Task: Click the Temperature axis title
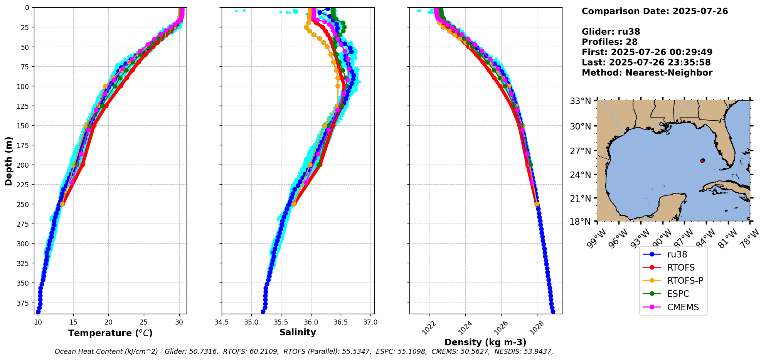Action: [110, 333]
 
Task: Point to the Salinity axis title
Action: [298, 332]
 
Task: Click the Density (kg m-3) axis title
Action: [485, 342]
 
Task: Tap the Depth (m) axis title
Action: [8, 161]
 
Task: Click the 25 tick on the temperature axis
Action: [144, 322]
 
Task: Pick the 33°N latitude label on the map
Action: [581, 101]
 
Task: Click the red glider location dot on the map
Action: [702, 161]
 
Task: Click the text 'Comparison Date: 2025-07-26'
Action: [655, 11]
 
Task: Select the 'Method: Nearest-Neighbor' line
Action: [647, 73]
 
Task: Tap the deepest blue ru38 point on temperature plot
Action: [38, 311]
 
